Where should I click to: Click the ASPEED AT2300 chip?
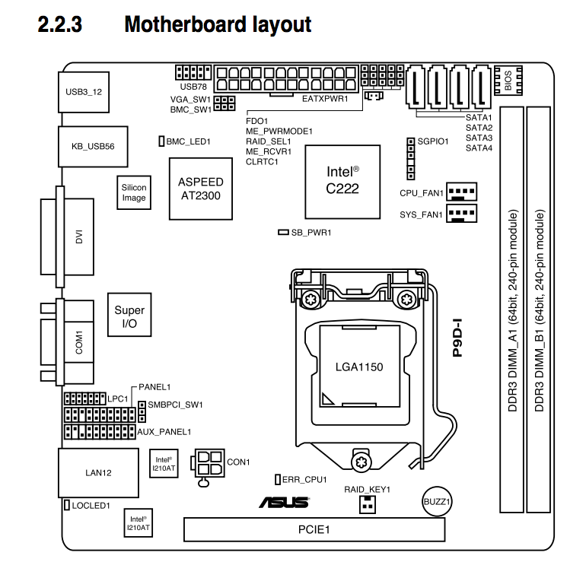tap(201, 188)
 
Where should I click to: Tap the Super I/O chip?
tap(129, 316)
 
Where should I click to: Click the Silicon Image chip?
tap(134, 193)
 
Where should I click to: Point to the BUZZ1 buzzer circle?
tap(437, 502)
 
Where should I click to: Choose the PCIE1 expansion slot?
tap(314, 529)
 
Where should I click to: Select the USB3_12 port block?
tap(84, 91)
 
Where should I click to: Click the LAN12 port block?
tap(98, 473)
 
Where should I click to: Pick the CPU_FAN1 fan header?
tap(461, 192)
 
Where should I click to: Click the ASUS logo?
tap(284, 502)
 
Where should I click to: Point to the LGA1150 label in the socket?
tap(358, 367)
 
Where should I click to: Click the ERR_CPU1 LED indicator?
tap(278, 479)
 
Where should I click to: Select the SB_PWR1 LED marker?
tap(283, 232)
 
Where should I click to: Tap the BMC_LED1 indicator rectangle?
tap(161, 141)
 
